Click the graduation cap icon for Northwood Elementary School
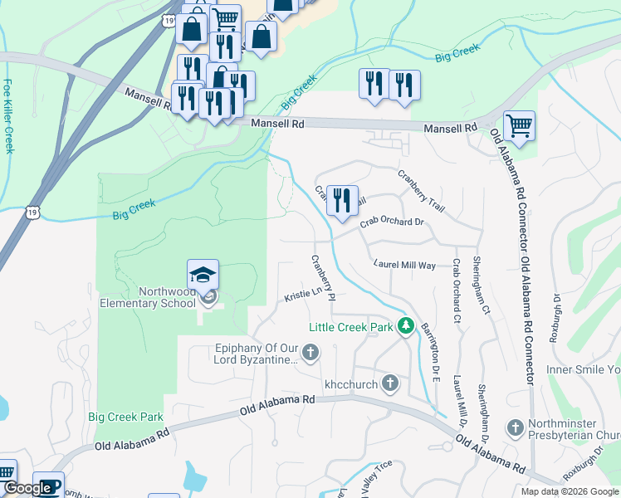(x=203, y=274)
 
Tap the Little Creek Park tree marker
(x=406, y=326)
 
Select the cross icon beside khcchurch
(x=390, y=383)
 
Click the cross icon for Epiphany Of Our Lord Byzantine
(x=310, y=354)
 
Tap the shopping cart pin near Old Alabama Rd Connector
(x=519, y=127)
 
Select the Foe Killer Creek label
(x=8, y=116)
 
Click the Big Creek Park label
(x=125, y=417)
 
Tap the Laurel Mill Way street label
(x=404, y=265)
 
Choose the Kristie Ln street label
(x=302, y=295)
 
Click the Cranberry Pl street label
(x=322, y=277)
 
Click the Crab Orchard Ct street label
(x=456, y=290)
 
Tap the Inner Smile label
(x=583, y=369)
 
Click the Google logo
(x=27, y=489)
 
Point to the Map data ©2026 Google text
(x=570, y=491)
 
